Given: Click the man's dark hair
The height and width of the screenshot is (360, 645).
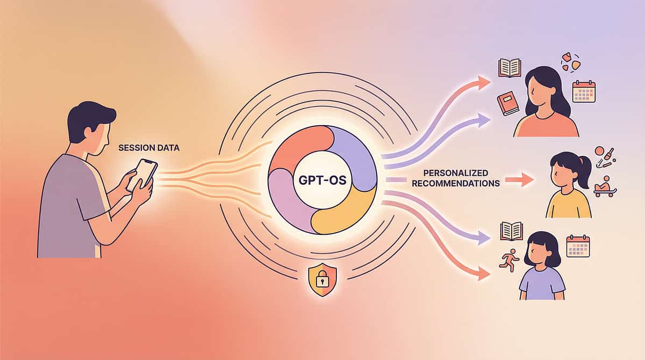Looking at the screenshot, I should coord(91,116).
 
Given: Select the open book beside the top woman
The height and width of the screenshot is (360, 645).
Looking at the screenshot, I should coord(510,68).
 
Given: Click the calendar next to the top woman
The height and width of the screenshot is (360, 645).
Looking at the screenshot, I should coord(584,91).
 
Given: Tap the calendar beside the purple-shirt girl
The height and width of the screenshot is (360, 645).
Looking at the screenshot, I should coord(578,246).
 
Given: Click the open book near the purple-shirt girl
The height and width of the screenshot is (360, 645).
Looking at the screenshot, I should coord(511,231).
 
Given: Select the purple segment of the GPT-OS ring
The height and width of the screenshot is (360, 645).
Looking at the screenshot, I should coord(352,156).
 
